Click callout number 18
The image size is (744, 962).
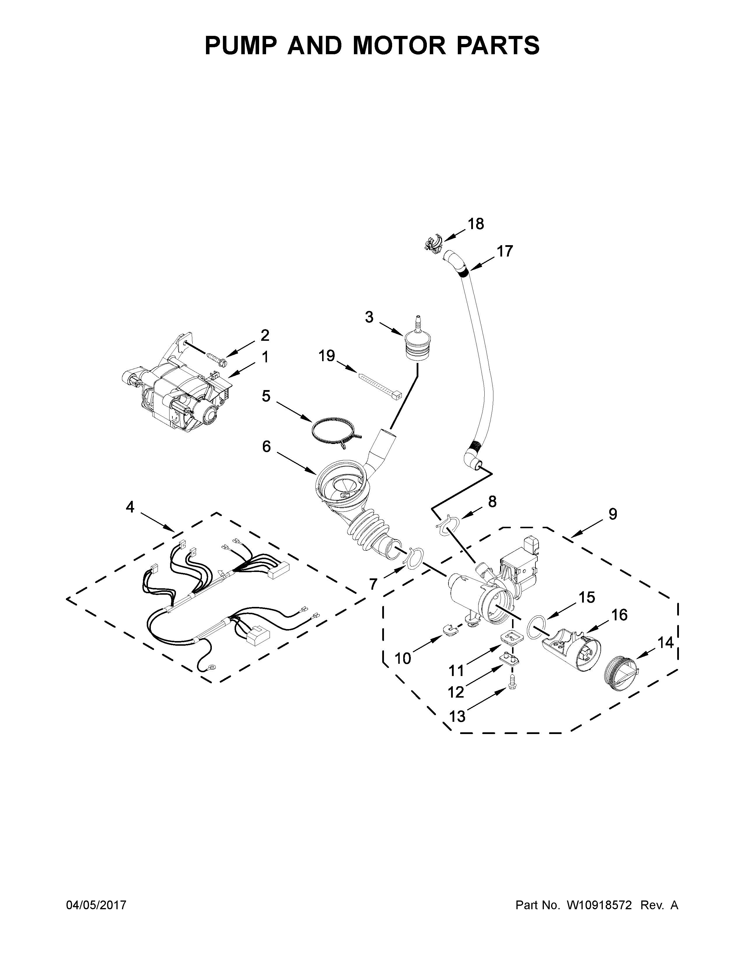click(x=476, y=224)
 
